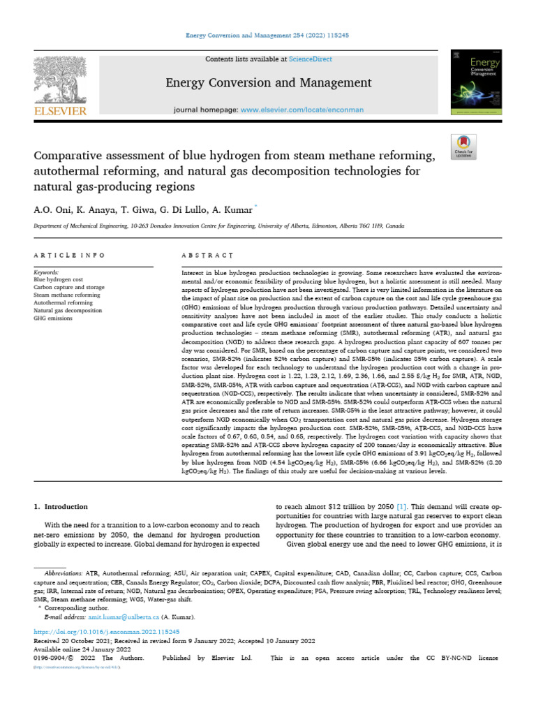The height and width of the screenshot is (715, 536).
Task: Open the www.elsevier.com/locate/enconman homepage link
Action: coord(297,110)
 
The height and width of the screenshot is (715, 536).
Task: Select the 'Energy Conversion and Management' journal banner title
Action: coord(268,84)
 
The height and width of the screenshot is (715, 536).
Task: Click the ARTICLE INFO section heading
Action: coord(70,256)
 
